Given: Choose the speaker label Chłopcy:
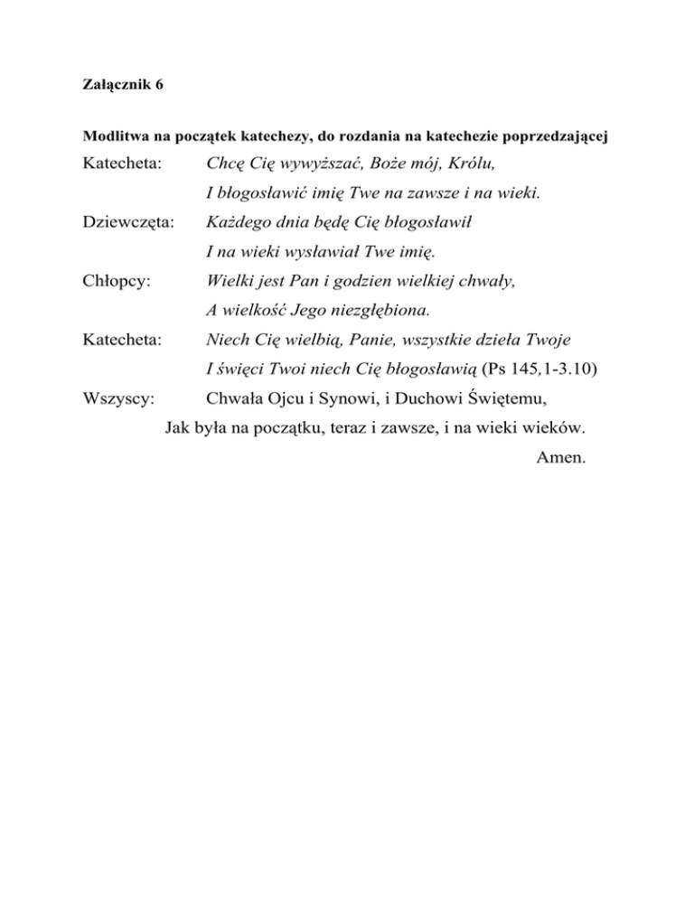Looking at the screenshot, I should click(x=116, y=281).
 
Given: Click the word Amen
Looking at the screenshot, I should click(x=562, y=458).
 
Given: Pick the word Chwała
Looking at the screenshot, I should click(x=235, y=399).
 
